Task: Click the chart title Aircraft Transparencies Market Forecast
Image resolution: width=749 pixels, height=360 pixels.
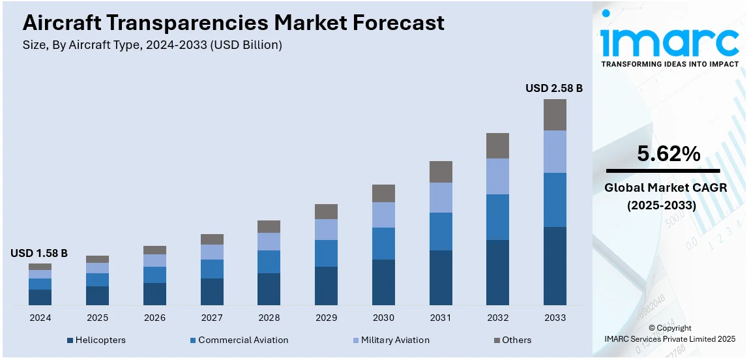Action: (x=233, y=23)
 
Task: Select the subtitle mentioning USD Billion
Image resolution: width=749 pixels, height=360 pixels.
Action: (x=152, y=45)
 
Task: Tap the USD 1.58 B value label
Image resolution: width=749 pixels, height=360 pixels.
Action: (x=39, y=253)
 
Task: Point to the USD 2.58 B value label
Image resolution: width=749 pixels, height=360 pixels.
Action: (x=554, y=88)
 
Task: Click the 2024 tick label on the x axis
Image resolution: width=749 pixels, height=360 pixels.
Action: (x=40, y=318)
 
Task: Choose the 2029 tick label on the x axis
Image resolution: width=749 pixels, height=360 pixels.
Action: (x=326, y=318)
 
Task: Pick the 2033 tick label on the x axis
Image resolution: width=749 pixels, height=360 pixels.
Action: (x=555, y=318)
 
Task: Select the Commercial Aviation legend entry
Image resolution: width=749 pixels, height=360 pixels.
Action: (x=242, y=340)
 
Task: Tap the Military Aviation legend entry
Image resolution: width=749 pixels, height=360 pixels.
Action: (x=395, y=340)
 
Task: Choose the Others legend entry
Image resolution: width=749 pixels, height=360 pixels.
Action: (x=516, y=340)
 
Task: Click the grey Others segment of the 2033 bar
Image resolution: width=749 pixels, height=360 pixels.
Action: (x=555, y=115)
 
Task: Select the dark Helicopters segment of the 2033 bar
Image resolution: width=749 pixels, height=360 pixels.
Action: (x=555, y=265)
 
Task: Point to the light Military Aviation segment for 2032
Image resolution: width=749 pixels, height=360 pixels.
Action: (x=497, y=176)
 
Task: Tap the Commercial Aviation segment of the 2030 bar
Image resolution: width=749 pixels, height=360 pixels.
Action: (x=383, y=243)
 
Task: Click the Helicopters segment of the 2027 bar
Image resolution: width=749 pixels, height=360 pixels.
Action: (x=212, y=292)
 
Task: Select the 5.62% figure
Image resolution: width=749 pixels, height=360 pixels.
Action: (x=669, y=154)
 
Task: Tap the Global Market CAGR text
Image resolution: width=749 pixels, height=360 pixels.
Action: (x=665, y=188)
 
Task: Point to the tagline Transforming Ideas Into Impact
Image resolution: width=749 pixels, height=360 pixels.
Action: (x=669, y=64)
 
